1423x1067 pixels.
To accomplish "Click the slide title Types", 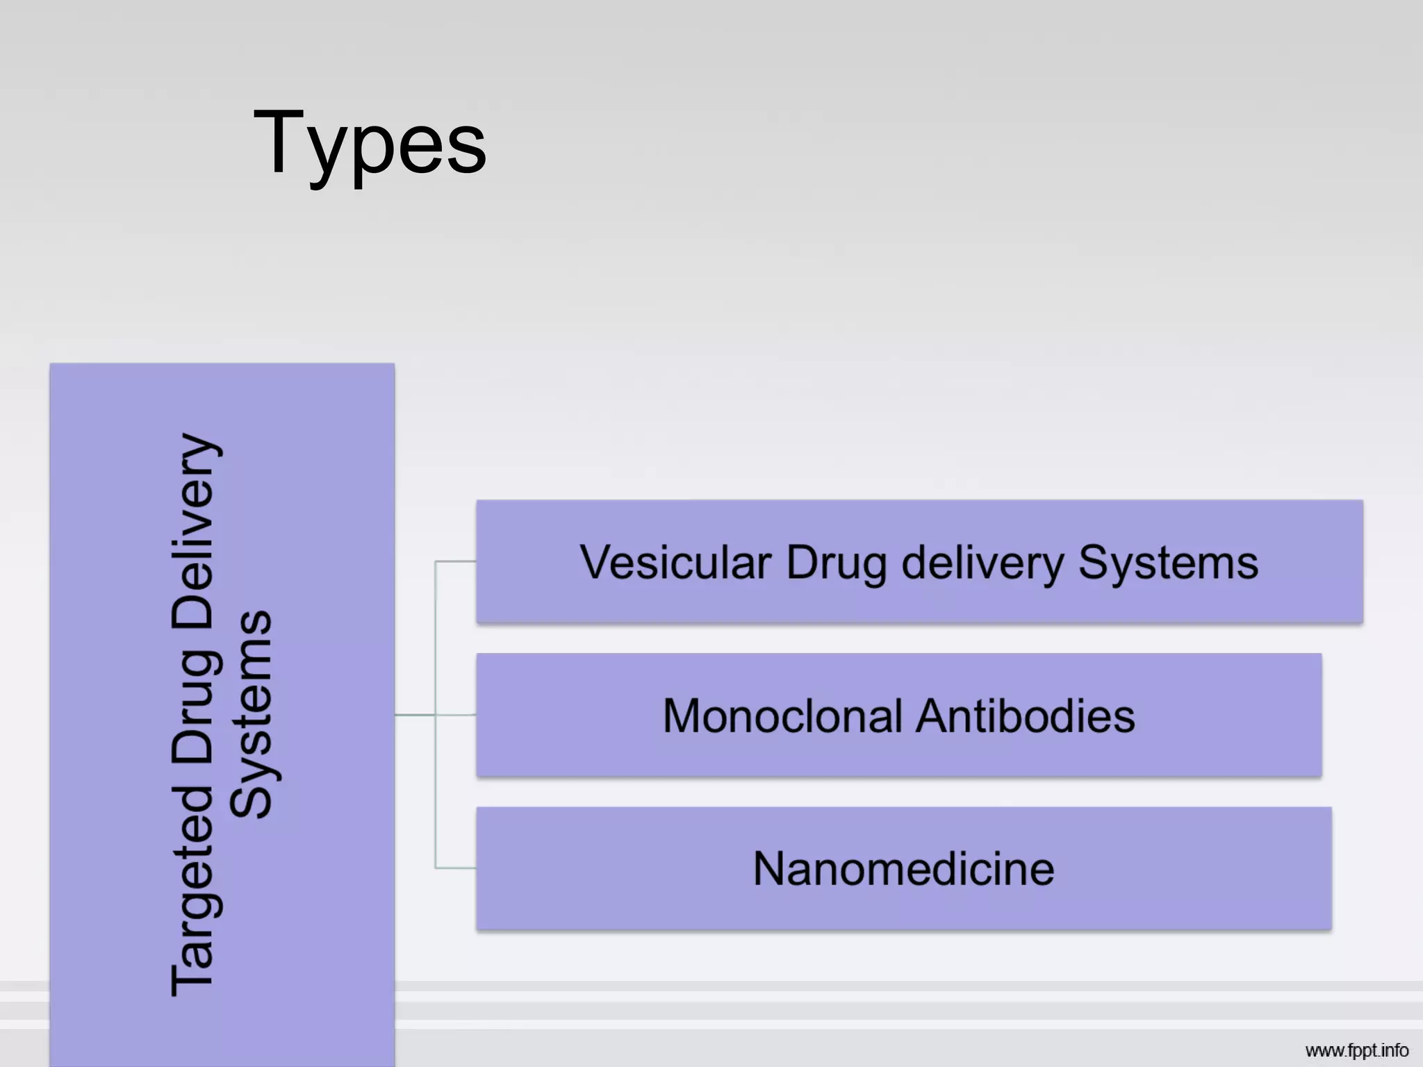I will pos(370,144).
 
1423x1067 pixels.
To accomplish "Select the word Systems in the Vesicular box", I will pos(1168,563).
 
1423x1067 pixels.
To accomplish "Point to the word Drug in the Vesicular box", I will pos(837,563).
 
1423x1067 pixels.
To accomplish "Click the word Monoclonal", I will pos(782,716).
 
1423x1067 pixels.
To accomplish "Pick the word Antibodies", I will pos(1026,716).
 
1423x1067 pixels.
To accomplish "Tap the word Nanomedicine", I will pos(903,869).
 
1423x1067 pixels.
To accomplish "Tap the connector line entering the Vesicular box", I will pos(456,561).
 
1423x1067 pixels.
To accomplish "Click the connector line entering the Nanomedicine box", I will pos(456,868).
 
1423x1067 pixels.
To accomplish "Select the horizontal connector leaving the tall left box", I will pos(415,714).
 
